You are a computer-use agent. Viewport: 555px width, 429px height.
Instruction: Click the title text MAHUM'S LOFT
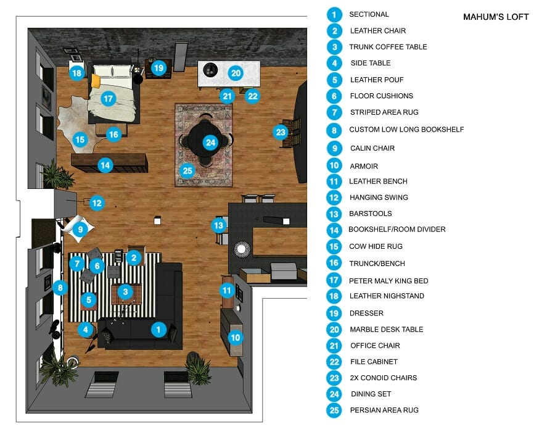point(496,17)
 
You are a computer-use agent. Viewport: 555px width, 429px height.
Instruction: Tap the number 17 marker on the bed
point(109,98)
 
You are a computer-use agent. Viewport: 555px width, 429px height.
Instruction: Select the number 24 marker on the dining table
point(211,143)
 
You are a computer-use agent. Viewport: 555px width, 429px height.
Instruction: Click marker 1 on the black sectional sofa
point(158,330)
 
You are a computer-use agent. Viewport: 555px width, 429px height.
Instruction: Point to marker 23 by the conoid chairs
point(281,131)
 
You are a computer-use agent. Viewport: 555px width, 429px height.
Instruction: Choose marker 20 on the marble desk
point(235,72)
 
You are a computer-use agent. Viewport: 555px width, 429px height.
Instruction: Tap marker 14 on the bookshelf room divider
point(105,165)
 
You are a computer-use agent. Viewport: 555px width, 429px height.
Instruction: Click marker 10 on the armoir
point(235,337)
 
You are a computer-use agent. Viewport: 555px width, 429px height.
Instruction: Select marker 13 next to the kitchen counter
point(218,225)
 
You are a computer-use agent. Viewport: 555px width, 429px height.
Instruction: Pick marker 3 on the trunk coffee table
point(125,291)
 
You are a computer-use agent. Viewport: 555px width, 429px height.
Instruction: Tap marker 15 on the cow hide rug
point(80,140)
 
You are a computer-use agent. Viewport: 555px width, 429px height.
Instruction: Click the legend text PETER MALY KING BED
point(388,281)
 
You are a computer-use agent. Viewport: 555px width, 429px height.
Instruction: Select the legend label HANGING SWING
point(379,198)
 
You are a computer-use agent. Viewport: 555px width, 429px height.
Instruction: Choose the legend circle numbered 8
point(334,130)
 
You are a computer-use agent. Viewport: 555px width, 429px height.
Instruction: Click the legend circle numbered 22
point(334,362)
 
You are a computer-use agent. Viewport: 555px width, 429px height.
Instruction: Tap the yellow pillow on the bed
point(96,81)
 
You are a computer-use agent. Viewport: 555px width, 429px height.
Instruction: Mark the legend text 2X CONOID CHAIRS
point(384,378)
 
